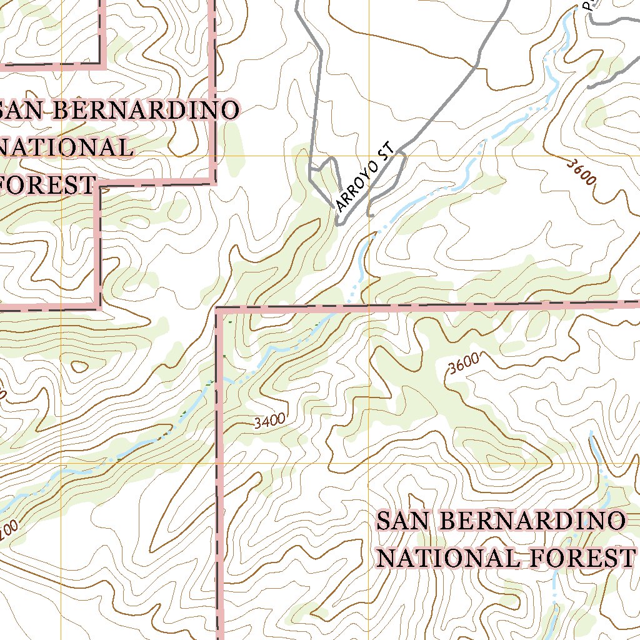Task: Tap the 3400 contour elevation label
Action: click(x=270, y=421)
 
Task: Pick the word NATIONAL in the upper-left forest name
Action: click(x=66, y=147)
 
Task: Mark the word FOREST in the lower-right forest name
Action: click(x=580, y=558)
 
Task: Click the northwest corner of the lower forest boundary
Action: click(x=217, y=309)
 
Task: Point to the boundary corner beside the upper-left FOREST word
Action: click(x=98, y=185)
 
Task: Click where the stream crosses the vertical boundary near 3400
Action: click(x=219, y=379)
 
